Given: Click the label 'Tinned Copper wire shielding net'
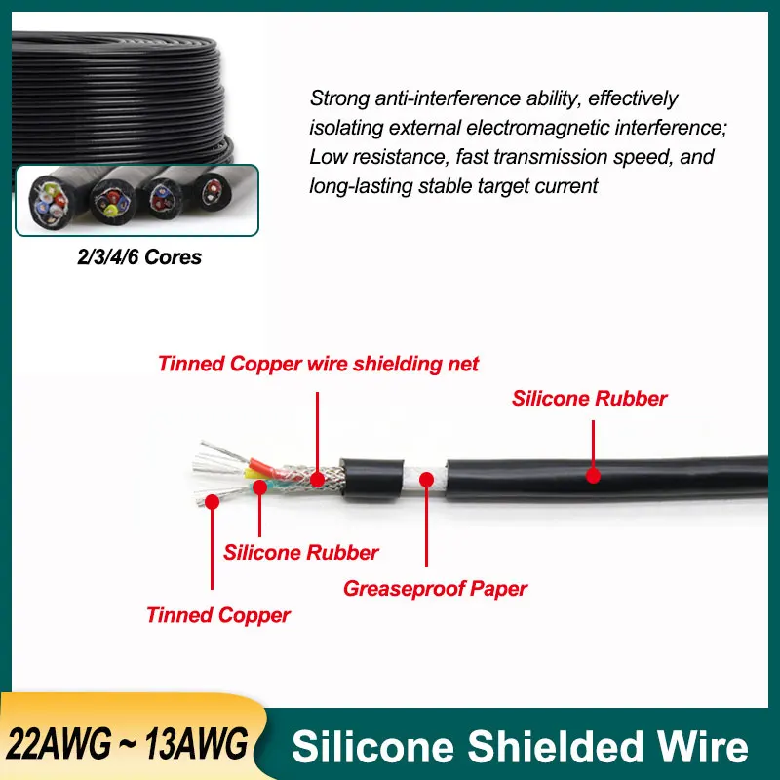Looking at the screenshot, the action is point(318,364).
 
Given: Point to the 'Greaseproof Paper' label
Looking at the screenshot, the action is point(435,588).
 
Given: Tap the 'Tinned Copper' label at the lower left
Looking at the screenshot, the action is point(218,615).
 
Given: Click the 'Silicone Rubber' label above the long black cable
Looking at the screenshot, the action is point(589,398).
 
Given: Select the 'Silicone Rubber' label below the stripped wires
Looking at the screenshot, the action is point(301,552).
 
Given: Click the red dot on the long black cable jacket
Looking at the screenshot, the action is point(592,475).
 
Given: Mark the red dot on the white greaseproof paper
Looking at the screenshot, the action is point(426,480).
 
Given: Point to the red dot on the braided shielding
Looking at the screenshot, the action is point(318,479).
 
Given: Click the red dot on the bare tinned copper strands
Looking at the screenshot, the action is point(212,504).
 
